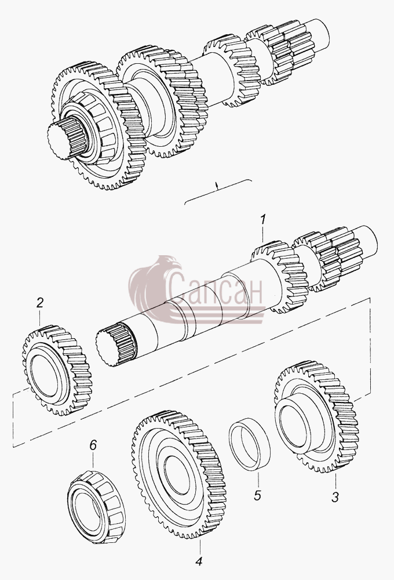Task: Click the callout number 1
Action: click(x=262, y=220)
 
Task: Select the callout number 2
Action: click(x=40, y=303)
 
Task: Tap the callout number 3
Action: click(x=335, y=497)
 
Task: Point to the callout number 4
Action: click(x=199, y=561)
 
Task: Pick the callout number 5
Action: click(x=258, y=495)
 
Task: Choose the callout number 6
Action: click(x=93, y=445)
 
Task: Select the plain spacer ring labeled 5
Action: click(x=250, y=444)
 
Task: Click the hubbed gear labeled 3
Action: click(x=316, y=417)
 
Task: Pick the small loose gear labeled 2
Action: click(x=57, y=370)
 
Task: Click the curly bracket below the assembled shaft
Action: click(x=218, y=190)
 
